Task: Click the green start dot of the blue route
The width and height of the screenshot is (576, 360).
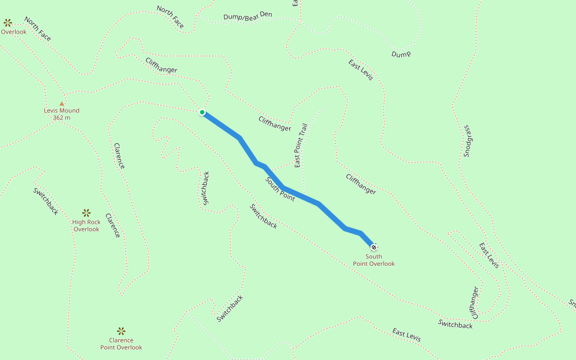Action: pos(202,112)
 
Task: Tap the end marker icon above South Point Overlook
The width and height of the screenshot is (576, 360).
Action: pos(374,247)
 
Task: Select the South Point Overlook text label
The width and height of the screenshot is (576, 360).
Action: pos(374,260)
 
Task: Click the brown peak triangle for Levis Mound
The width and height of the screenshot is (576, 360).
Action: pos(61,103)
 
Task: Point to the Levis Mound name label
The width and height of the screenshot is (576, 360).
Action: pos(61,110)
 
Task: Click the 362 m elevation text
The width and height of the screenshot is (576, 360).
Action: pos(61,118)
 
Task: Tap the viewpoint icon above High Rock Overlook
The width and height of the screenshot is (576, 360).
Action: pos(86,212)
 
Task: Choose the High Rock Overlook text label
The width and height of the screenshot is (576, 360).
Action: pos(86,226)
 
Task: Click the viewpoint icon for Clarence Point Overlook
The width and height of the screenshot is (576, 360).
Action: pos(121,331)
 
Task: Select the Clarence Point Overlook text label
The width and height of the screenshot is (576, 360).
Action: pos(121,344)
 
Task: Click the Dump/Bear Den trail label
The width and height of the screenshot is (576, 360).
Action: pos(247,17)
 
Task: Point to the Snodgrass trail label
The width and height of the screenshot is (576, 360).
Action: pos(467,142)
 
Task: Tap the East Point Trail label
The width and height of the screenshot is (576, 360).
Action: pos(301,144)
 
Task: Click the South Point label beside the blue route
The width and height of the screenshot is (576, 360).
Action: pos(280,189)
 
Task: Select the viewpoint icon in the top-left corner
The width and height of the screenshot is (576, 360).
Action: pos(8,23)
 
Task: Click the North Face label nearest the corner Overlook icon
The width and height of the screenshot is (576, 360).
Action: pos(38,29)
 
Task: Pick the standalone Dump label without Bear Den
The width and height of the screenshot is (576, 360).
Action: pos(401,54)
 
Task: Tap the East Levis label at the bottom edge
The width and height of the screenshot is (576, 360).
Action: pos(406,335)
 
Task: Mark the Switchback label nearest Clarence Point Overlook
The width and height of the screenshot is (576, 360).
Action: pos(230,308)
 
